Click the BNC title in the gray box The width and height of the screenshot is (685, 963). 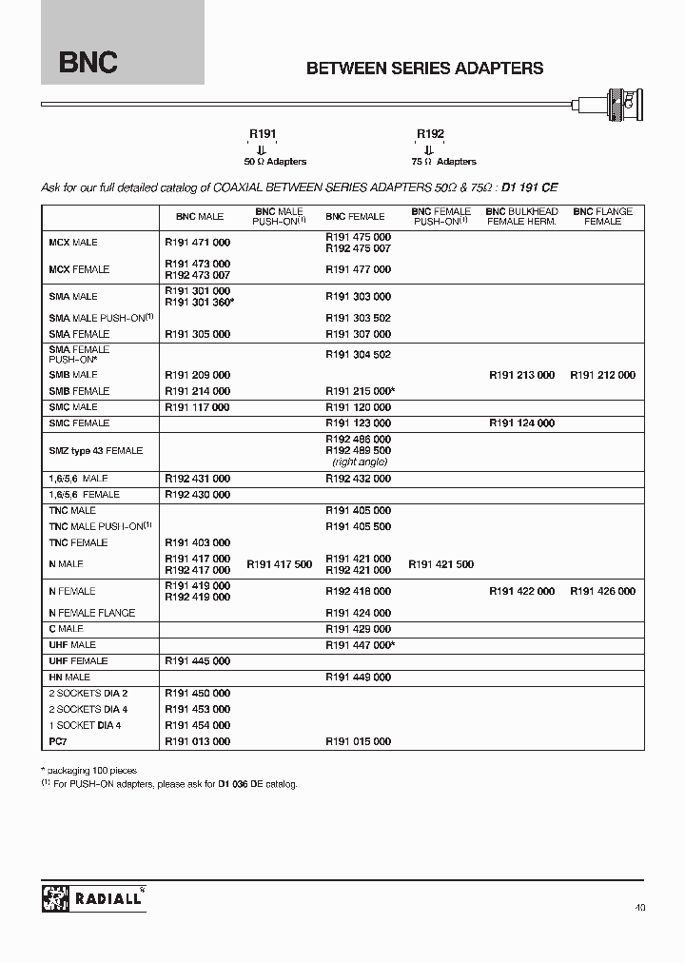click(x=88, y=64)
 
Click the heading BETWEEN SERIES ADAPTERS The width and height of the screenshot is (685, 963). click(x=424, y=69)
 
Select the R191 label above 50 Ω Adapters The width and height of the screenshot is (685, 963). click(x=263, y=135)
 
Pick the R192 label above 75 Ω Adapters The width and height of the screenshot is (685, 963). click(x=430, y=135)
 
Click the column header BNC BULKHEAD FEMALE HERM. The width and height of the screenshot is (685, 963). click(x=520, y=216)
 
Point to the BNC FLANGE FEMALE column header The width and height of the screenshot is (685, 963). click(x=602, y=216)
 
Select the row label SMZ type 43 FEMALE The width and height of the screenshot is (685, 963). click(x=95, y=450)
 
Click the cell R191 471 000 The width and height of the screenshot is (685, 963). click(x=197, y=243)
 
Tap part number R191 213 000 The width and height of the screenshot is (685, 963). click(x=521, y=375)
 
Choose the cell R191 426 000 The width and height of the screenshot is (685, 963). click(x=602, y=591)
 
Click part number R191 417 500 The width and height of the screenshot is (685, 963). click(x=279, y=564)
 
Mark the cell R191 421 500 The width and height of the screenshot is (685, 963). click(x=440, y=564)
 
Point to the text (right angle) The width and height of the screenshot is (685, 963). click(x=358, y=462)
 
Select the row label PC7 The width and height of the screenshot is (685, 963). click(x=58, y=741)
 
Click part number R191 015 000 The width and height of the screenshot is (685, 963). click(x=358, y=741)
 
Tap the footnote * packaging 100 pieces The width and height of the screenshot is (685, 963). click(x=89, y=770)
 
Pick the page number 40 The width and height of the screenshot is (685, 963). click(x=638, y=908)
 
